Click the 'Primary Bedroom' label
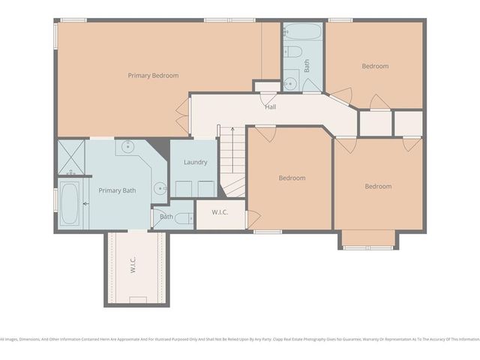click(x=153, y=75)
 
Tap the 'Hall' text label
click(x=270, y=106)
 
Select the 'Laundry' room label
click(x=195, y=162)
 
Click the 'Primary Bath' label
click(x=117, y=190)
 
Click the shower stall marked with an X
click(x=72, y=157)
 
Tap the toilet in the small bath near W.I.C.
click(x=157, y=218)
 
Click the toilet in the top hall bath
click(x=294, y=52)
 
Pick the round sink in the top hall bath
click(x=290, y=82)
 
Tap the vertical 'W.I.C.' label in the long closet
click(x=133, y=266)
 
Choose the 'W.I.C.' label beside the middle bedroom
click(x=220, y=213)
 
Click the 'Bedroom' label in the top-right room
click(x=375, y=66)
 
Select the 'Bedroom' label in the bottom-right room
click(x=378, y=186)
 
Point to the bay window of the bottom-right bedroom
click(x=368, y=240)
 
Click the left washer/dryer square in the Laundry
click(x=182, y=188)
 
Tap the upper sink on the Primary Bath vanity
click(x=128, y=146)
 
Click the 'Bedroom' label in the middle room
click(x=292, y=178)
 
